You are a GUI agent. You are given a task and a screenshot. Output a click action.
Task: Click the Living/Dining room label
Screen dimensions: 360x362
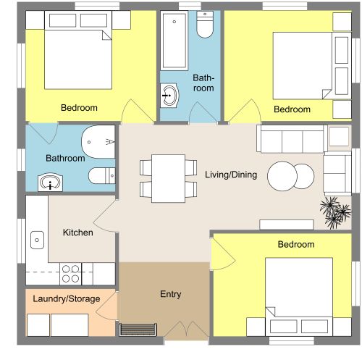230,175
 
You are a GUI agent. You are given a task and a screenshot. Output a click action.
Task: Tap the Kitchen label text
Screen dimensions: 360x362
77,233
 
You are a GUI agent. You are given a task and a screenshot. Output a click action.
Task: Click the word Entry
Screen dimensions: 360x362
170,294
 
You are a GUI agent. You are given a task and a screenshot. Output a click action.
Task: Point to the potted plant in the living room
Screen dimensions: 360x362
332,211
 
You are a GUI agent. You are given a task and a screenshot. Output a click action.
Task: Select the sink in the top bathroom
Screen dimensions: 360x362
169,94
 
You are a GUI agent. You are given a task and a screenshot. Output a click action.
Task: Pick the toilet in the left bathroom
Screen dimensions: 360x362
101,175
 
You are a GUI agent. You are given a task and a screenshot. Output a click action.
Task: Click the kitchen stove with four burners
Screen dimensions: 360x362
71,273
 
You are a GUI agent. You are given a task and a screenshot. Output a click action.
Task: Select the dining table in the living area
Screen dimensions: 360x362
167,178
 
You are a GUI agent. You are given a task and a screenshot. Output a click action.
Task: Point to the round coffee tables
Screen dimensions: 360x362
291,175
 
